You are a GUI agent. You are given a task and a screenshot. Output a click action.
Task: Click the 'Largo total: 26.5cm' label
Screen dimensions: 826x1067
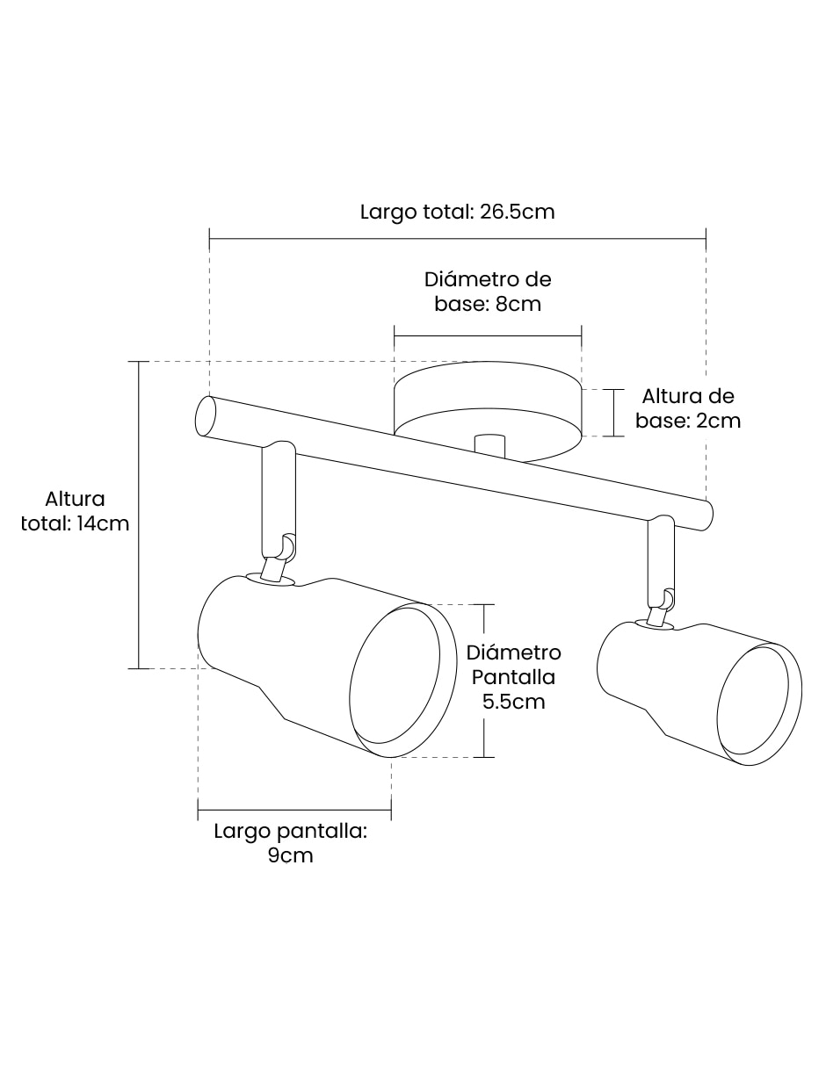click(457, 213)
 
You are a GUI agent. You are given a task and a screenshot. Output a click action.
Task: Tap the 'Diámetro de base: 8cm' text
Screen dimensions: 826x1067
click(488, 292)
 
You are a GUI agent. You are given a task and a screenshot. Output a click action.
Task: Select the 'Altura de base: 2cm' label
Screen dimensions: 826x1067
click(687, 408)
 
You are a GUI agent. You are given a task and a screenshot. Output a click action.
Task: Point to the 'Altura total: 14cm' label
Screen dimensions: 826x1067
click(76, 511)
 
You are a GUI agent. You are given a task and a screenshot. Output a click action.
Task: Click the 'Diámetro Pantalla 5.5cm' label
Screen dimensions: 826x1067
click(513, 677)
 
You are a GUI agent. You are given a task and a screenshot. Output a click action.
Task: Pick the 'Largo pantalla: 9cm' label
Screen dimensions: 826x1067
click(291, 844)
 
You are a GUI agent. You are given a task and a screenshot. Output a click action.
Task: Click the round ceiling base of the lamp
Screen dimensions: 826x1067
click(488, 412)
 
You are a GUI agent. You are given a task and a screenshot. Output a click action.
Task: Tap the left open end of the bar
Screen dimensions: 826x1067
click(206, 416)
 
